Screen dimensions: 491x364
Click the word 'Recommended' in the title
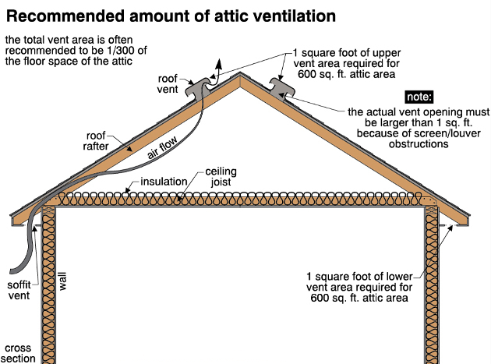[65, 16]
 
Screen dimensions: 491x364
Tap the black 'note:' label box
[419, 97]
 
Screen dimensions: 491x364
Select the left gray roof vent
[198, 88]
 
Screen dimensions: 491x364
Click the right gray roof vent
[282, 88]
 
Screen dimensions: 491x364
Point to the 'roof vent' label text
[168, 83]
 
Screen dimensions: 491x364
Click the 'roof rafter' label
[96, 140]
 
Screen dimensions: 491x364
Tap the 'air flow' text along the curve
[162, 147]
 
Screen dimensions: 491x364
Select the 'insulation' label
[164, 182]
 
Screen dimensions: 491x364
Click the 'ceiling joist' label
[221, 177]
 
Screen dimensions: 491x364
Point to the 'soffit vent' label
[19, 290]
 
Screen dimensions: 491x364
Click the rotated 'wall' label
[62, 281]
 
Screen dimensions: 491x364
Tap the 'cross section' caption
[18, 353]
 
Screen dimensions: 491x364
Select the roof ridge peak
[240, 73]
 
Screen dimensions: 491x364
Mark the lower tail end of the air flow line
[11, 271]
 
